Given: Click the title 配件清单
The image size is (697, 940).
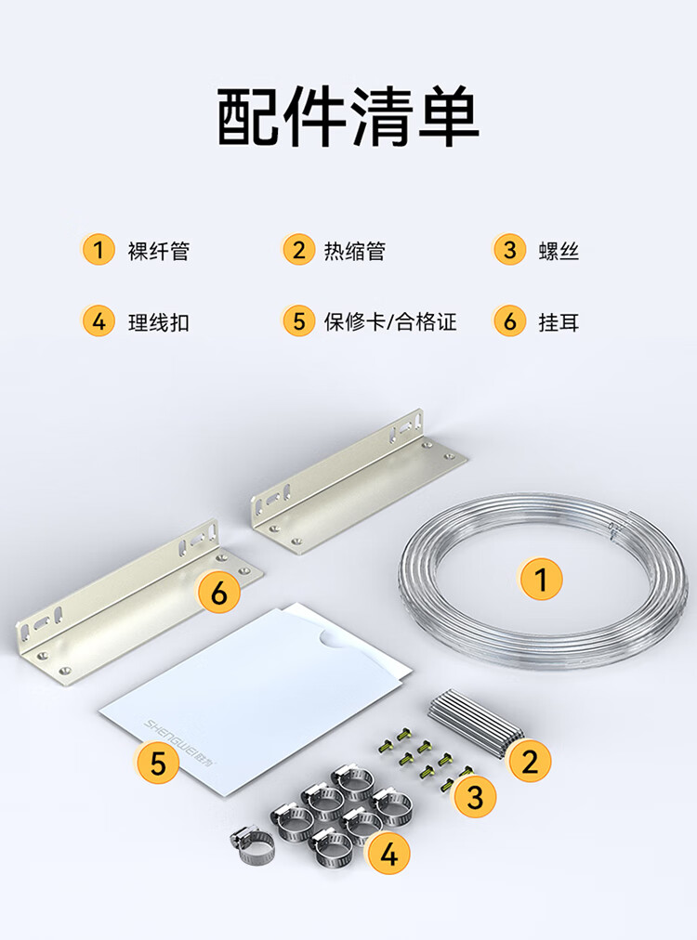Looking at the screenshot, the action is [348, 116].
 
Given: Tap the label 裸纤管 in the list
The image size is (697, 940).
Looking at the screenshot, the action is [159, 251].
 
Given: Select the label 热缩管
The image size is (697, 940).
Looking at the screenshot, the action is [354, 251].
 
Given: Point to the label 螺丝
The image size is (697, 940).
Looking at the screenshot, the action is [559, 251].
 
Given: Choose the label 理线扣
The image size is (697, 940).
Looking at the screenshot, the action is [159, 322].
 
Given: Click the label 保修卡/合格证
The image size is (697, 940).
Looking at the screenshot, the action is [390, 322].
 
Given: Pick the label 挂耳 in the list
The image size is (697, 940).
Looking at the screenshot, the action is [559, 322].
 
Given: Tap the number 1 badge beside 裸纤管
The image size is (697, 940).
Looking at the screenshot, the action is [98, 249].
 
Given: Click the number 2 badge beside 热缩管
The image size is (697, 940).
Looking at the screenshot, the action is [298, 249].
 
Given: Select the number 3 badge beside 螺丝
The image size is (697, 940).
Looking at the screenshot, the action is [509, 249].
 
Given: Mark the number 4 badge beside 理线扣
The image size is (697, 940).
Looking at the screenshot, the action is [98, 321].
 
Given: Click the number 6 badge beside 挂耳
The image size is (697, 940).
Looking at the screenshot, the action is [509, 321].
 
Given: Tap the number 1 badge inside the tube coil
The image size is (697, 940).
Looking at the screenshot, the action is [541, 579].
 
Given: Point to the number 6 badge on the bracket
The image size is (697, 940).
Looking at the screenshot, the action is [219, 593].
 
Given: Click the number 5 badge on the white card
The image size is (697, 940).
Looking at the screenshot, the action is [158, 763].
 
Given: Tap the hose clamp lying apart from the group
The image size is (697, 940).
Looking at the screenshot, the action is [252, 845].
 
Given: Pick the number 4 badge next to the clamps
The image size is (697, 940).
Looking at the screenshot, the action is [388, 853].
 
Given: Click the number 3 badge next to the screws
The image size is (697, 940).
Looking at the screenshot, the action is [475, 797].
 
